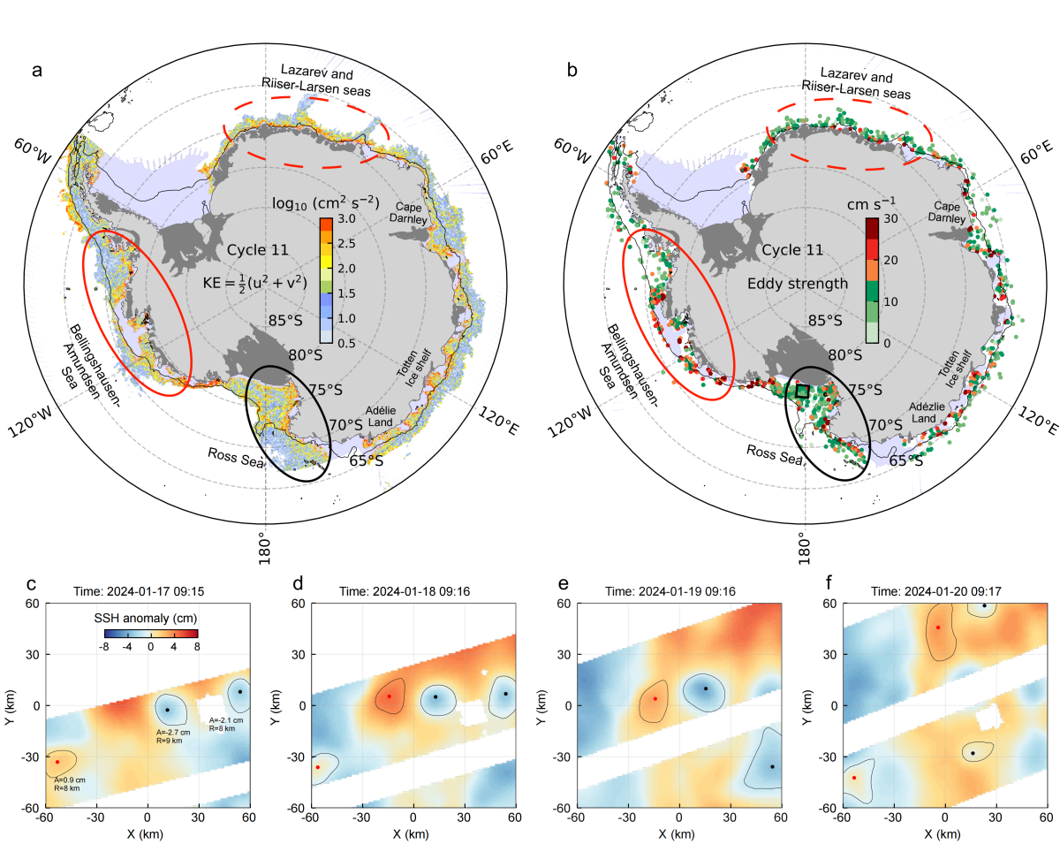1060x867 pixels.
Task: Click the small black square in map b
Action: tap(802, 392)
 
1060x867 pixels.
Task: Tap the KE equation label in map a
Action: tap(254, 283)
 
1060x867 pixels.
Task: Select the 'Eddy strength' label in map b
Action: tap(797, 284)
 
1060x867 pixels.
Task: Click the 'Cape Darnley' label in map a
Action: tap(409, 213)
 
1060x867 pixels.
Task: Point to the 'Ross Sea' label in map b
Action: tap(774, 455)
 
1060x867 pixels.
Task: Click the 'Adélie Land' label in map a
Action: tap(381, 416)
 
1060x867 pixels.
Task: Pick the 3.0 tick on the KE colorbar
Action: tap(346, 219)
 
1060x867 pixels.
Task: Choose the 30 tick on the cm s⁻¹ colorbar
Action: tap(890, 219)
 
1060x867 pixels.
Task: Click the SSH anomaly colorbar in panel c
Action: tap(151, 633)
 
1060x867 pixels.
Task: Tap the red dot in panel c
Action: tap(57, 762)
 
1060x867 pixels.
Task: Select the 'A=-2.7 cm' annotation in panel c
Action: tap(173, 733)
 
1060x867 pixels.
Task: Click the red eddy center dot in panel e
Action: tap(655, 699)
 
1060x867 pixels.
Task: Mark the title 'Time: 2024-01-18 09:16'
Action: tap(404, 591)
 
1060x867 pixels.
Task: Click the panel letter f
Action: tap(829, 582)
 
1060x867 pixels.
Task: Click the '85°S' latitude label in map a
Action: tap(285, 320)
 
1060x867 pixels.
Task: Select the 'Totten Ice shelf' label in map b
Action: tap(954, 369)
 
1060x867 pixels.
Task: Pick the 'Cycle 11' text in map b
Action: tap(792, 250)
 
